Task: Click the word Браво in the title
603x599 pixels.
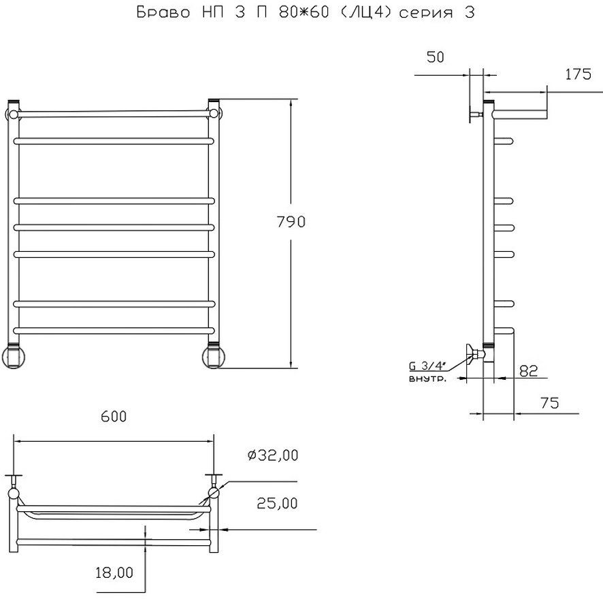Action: pyautogui.click(x=163, y=13)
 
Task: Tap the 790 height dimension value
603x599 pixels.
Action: pyautogui.click(x=291, y=222)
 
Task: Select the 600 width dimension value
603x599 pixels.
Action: pyautogui.click(x=114, y=417)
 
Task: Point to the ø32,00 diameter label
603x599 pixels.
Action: pyautogui.click(x=273, y=455)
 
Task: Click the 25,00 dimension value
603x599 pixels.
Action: pyautogui.click(x=277, y=503)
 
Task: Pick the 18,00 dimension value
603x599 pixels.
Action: pyautogui.click(x=114, y=572)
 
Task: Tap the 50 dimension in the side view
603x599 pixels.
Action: pyautogui.click(x=436, y=57)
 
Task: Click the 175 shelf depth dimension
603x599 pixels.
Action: pyautogui.click(x=578, y=74)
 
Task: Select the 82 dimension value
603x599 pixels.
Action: pyautogui.click(x=528, y=370)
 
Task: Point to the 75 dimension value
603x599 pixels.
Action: pyautogui.click(x=549, y=403)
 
